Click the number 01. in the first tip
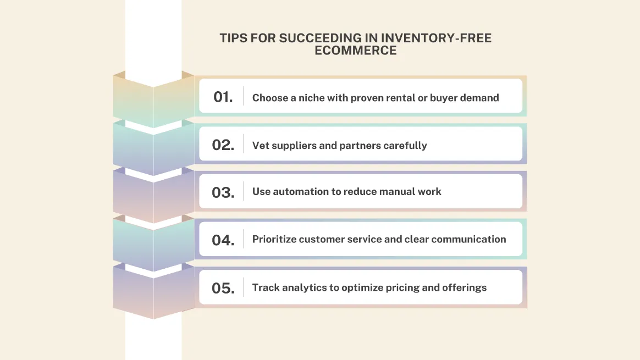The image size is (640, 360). tap(223, 97)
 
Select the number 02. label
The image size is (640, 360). tap(223, 145)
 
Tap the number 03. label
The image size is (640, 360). tap(223, 192)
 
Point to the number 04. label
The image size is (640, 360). tap(223, 240)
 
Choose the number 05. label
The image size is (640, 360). tap(223, 288)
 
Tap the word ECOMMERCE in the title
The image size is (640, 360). tap(356, 51)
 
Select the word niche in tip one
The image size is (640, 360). tap(312, 98)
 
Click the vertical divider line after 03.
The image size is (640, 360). tap(244, 192)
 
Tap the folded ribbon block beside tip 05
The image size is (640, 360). tap(153, 291)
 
